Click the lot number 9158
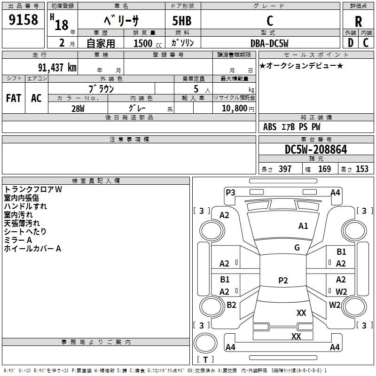pos(23,20)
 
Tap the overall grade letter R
pos(358,22)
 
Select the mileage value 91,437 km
pos(57,68)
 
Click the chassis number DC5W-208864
pos(316,149)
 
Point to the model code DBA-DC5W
pos(269,43)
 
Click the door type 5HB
pos(182,21)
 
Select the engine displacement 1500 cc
pos(148,43)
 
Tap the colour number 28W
pos(78,109)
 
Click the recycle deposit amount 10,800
pos(235,109)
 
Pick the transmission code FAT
pos(14,98)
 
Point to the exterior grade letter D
pos(350,43)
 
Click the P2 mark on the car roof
pos(283,280)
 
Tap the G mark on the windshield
pos(297,247)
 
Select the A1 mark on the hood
pos(303,226)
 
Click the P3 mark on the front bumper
pos(230,193)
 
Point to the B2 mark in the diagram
pos(231,305)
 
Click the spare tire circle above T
pos(205,343)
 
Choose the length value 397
pos(285,169)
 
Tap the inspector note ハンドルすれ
pos(25,206)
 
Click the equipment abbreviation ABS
pos(270,127)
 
